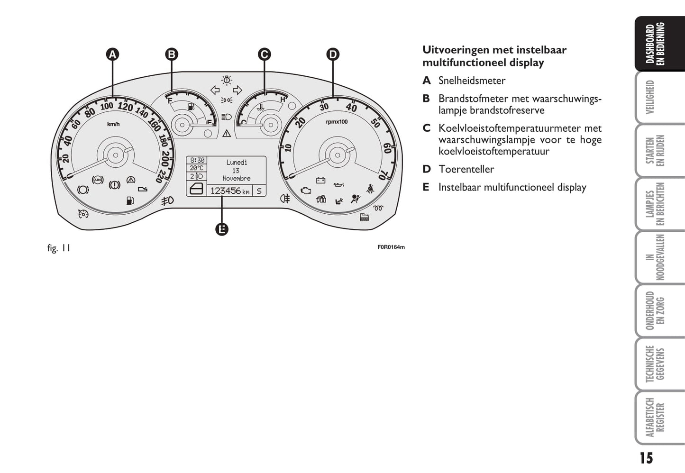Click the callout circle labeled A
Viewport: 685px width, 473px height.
112,55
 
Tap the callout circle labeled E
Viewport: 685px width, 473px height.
222,229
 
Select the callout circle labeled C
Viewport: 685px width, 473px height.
264,55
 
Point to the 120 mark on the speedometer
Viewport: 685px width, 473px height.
125,107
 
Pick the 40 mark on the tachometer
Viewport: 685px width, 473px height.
351,108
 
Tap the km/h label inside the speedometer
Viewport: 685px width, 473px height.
113,124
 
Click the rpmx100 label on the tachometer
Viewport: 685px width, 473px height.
337,122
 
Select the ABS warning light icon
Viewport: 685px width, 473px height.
98,180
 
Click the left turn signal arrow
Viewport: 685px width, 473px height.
215,90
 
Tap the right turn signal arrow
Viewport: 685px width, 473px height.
237,90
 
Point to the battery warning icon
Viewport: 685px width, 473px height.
320,181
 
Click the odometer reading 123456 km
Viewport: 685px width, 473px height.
230,191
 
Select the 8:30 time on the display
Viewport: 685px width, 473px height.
197,160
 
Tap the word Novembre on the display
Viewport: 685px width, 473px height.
236,178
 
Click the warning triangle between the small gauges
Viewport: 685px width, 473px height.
227,133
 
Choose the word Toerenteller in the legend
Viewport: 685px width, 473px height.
466,169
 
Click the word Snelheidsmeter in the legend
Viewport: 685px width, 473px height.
472,81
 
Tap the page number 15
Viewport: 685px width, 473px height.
646,458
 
